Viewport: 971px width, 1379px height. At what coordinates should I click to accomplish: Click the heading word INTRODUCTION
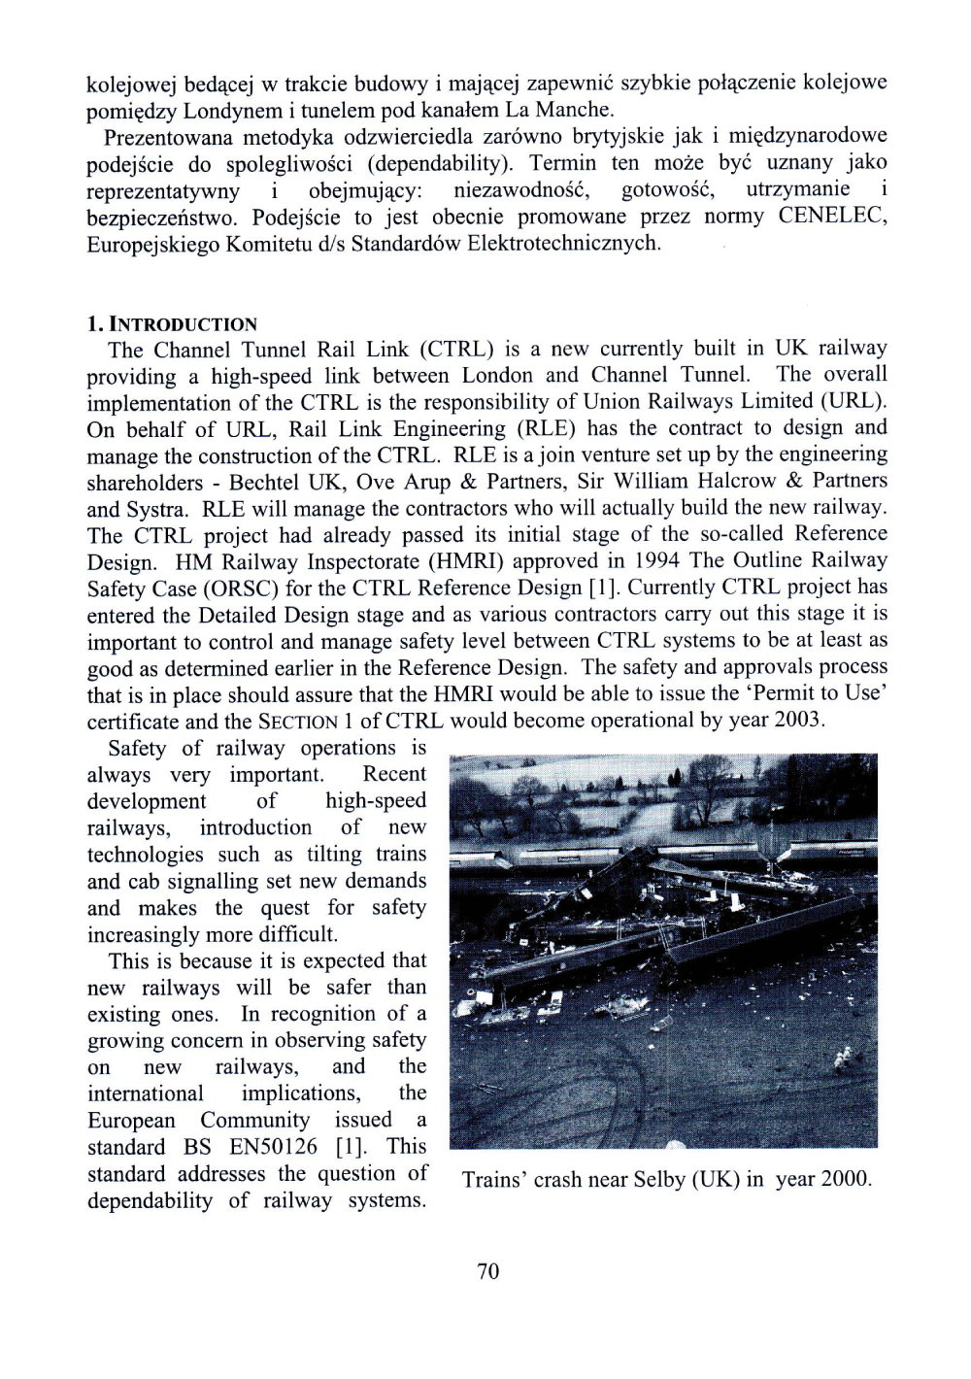pyautogui.click(x=184, y=324)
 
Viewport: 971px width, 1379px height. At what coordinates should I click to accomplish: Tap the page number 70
pyautogui.click(x=487, y=1271)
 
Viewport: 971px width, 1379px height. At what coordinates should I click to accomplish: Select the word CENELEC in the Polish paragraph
pyautogui.click(x=831, y=216)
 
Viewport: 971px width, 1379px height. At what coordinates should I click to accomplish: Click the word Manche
pyautogui.click(x=575, y=110)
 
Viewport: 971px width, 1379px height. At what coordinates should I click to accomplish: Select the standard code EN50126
pyautogui.click(x=273, y=1147)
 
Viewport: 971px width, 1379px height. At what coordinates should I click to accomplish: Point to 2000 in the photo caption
pyautogui.click(x=845, y=1180)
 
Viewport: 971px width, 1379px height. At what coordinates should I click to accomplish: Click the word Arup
pyautogui.click(x=428, y=482)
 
